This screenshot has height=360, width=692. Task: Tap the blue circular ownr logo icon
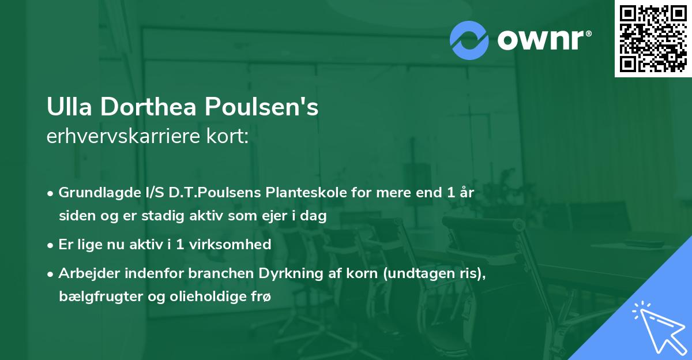click(469, 40)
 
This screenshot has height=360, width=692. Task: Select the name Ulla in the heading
click(65, 108)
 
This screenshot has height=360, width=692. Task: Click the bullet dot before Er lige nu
click(51, 245)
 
